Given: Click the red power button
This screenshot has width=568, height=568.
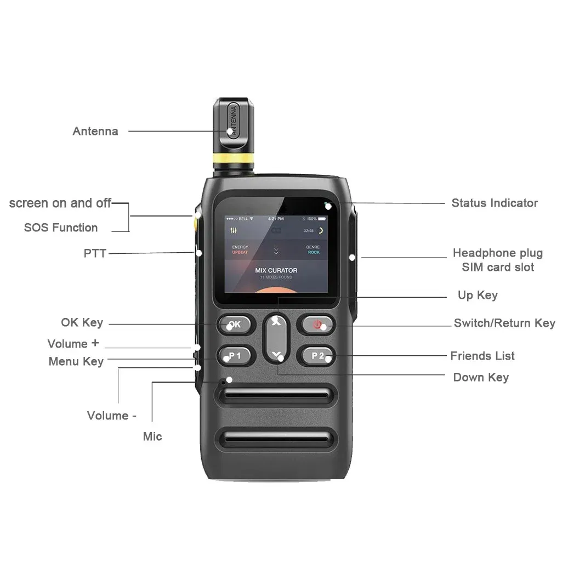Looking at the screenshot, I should [316, 324].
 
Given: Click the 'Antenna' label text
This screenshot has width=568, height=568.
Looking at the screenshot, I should [95, 131].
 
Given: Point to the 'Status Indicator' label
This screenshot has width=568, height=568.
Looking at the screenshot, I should [495, 203].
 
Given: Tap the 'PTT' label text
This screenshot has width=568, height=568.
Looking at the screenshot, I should [95, 253].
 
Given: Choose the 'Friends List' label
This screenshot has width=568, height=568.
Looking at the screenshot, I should [482, 356].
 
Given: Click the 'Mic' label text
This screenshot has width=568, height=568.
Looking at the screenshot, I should [152, 436].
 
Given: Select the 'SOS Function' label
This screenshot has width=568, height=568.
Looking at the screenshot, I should [61, 228].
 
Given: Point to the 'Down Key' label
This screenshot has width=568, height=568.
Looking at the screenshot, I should [481, 377].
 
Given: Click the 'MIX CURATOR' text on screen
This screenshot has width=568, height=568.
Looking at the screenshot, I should [276, 270].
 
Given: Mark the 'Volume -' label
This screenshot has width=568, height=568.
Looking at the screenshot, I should [111, 416].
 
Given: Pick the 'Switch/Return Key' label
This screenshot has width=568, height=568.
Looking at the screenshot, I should [504, 323].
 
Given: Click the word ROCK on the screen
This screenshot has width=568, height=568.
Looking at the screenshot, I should [314, 252].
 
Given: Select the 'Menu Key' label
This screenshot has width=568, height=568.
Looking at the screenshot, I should [76, 361].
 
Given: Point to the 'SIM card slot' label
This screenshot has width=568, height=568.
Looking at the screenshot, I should [498, 268].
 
